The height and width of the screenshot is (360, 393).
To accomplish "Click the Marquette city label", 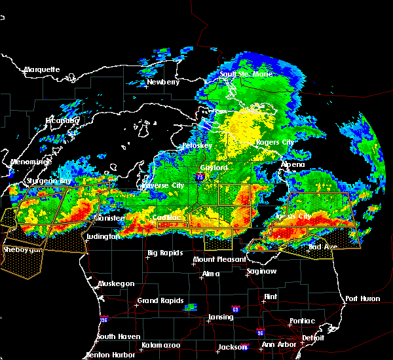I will [42, 69].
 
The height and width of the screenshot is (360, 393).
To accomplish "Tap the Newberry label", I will [163, 82].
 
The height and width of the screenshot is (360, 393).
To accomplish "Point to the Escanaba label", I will [62, 120].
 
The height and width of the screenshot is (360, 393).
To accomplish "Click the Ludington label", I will [102, 236].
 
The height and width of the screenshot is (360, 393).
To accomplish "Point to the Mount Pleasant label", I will [215, 260].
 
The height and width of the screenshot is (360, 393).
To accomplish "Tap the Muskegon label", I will [117, 283].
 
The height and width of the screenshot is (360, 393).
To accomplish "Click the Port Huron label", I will [362, 298].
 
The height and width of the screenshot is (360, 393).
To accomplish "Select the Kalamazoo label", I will [160, 344].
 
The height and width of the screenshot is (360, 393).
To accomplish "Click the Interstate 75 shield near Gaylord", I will [199, 177].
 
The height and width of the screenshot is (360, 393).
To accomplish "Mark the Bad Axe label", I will [323, 248].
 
